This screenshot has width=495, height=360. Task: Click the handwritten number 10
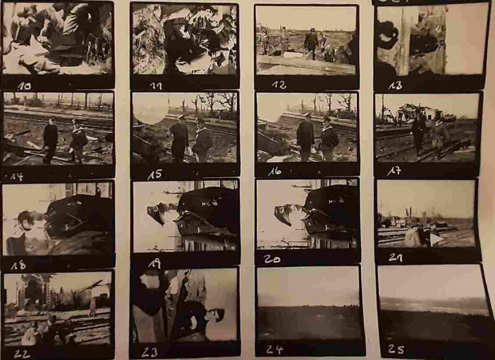(x=24, y=87)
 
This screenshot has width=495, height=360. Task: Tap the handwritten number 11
(x=156, y=86)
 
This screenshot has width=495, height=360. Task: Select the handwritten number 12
(x=279, y=85)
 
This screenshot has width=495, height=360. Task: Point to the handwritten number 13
(x=395, y=85)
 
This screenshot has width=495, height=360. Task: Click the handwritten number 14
(x=16, y=176)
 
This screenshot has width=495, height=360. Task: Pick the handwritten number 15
(x=154, y=175)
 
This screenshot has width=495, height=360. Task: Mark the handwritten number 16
(x=275, y=172)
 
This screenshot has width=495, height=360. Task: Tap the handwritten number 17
(x=394, y=171)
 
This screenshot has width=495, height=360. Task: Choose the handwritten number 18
(x=18, y=265)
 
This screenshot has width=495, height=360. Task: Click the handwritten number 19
(x=154, y=264)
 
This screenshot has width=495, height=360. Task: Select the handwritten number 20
(x=272, y=259)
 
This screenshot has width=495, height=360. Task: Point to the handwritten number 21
(x=395, y=258)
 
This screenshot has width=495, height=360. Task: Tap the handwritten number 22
(x=22, y=354)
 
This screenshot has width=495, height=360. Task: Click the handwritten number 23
(x=150, y=352)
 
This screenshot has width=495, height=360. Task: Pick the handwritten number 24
(x=275, y=349)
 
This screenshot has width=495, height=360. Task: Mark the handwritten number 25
(x=396, y=349)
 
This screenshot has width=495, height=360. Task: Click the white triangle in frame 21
(x=435, y=240)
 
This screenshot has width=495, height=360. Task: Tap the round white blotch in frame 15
(x=150, y=109)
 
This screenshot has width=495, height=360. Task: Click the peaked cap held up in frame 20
(x=283, y=215)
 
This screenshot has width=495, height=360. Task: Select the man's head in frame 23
(x=215, y=315)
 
